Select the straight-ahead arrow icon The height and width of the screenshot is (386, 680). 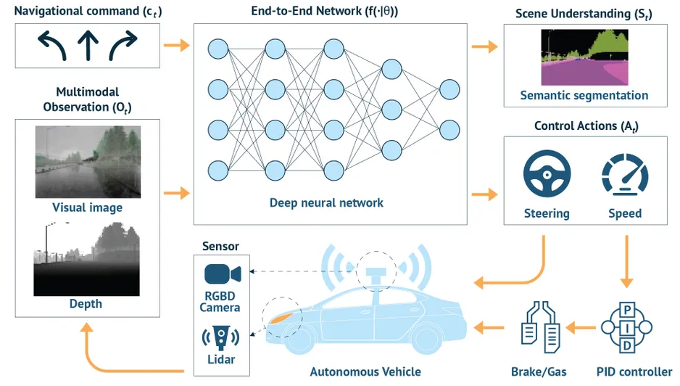[x=88, y=45]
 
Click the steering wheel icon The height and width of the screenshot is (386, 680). [x=547, y=174]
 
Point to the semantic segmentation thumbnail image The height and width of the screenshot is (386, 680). [x=584, y=58]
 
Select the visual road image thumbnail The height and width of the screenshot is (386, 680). [x=87, y=161]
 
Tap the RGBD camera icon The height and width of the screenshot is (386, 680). [x=220, y=274]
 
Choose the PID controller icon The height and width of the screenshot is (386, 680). [x=628, y=328]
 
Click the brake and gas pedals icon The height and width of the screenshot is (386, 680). [x=540, y=329]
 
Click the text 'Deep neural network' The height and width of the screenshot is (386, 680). [x=326, y=202]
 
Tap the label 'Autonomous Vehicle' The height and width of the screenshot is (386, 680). [x=365, y=371]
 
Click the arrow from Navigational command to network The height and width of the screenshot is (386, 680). [x=176, y=46]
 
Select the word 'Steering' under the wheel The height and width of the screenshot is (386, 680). [x=547, y=213]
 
